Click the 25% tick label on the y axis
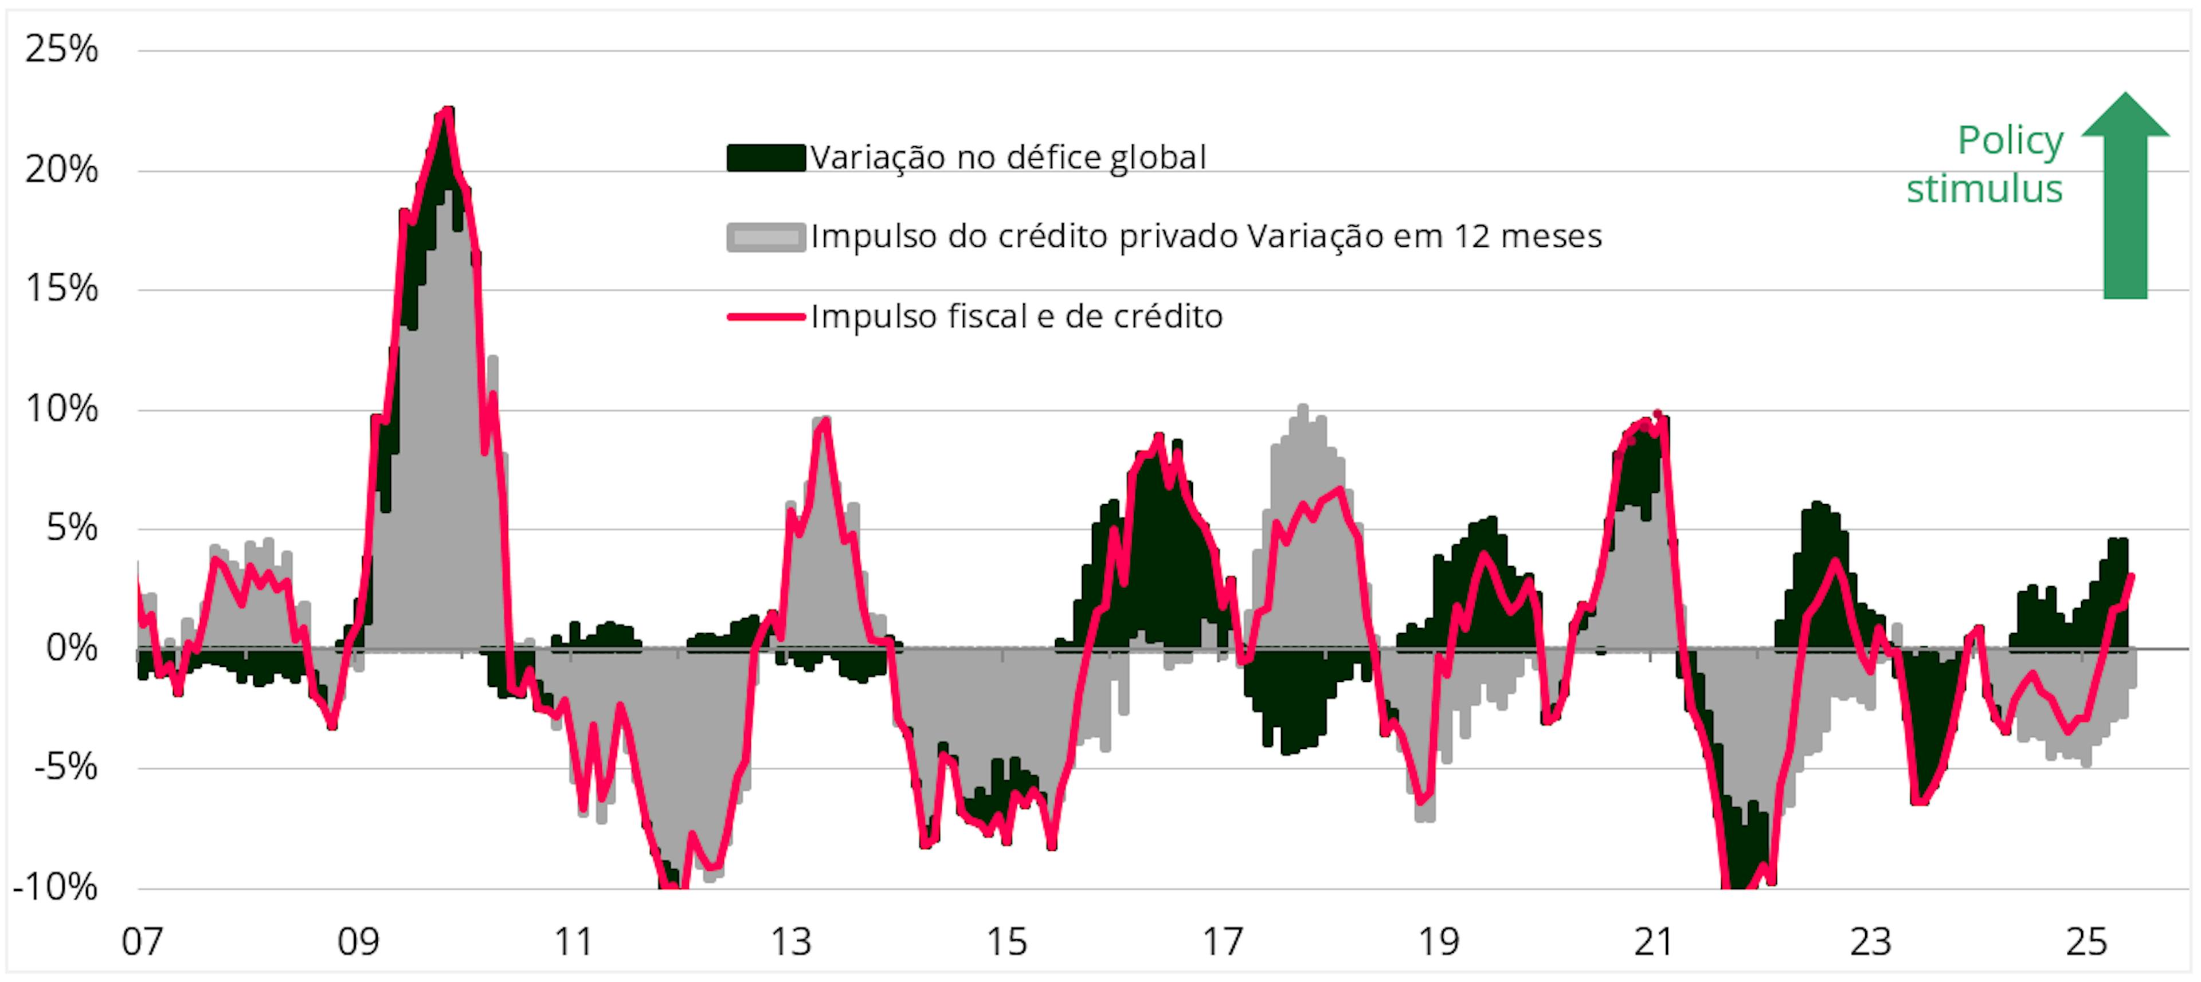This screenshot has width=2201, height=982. click(61, 49)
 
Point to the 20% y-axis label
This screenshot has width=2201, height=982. click(61, 170)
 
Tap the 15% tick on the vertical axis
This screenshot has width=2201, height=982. click(61, 289)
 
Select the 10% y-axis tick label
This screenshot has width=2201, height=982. click(61, 409)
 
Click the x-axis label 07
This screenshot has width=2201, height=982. click(142, 942)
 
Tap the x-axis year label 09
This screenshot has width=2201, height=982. click(358, 942)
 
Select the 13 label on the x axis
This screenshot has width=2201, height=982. click(790, 942)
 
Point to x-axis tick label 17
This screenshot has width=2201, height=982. click(1223, 942)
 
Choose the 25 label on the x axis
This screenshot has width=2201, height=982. click(2086, 942)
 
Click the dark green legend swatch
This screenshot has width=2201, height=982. click(766, 158)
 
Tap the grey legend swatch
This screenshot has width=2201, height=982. click(766, 237)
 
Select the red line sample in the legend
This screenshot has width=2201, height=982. click(766, 317)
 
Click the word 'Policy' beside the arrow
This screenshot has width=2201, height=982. click(2011, 141)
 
